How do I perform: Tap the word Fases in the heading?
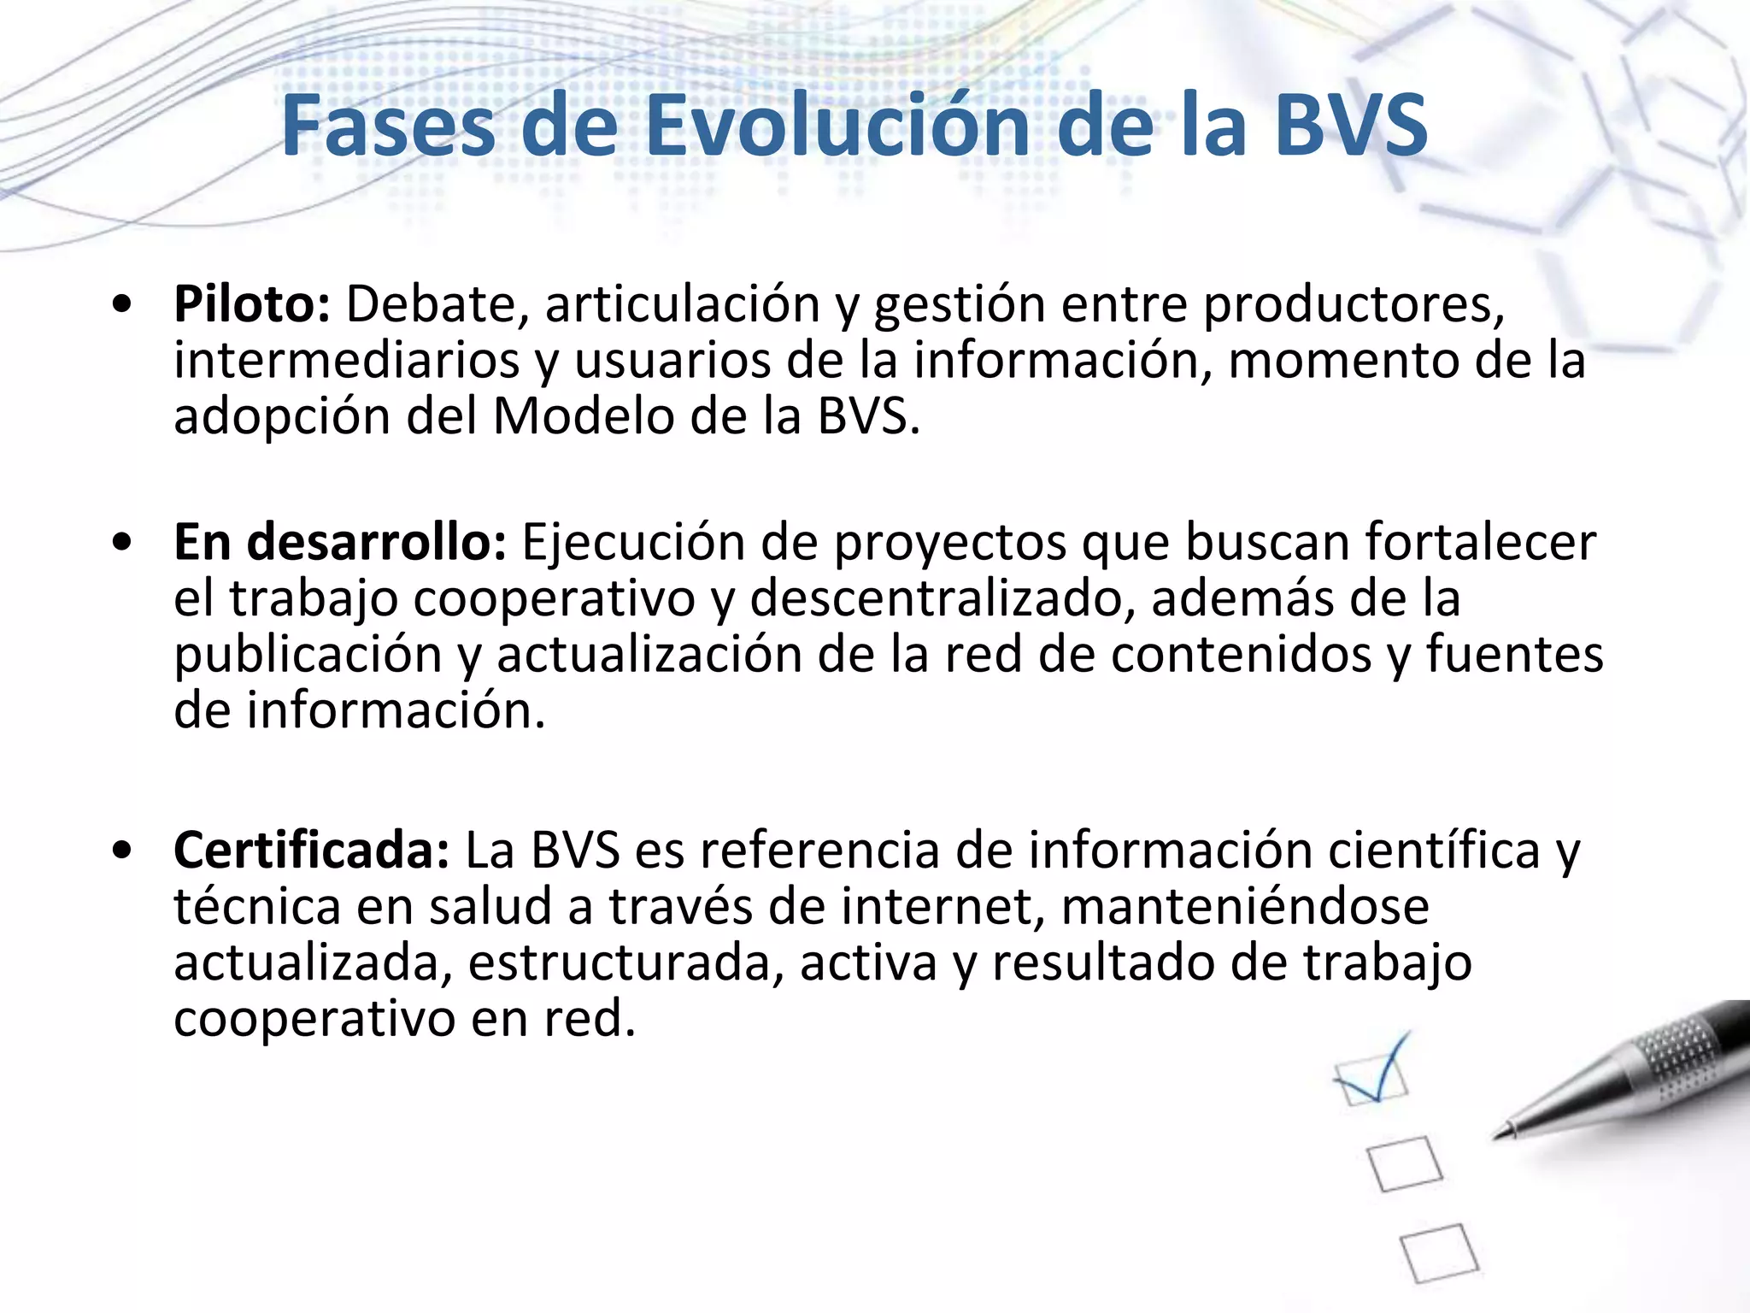(x=388, y=126)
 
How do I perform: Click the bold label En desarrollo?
(x=340, y=542)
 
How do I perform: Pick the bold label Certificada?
(x=311, y=851)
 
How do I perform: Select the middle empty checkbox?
(x=1405, y=1163)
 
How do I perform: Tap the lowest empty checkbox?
(x=1439, y=1252)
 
